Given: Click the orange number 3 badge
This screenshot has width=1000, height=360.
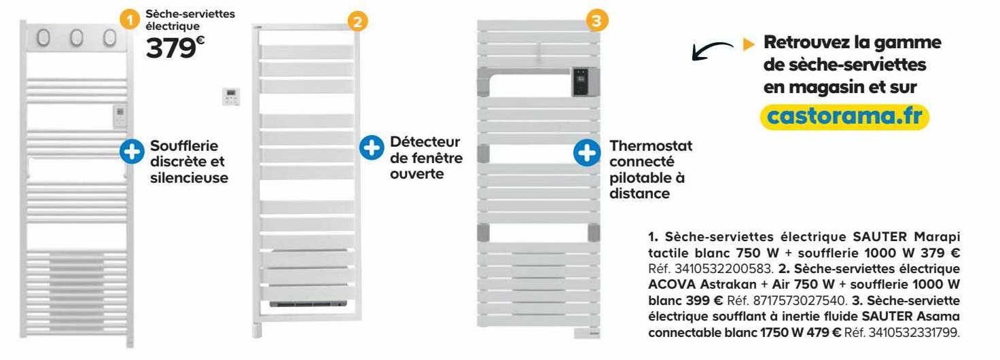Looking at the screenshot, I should coord(596,22).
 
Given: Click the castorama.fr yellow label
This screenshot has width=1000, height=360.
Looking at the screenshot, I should coord(843,117).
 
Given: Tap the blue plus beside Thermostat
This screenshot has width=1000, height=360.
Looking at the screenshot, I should coord(586,153).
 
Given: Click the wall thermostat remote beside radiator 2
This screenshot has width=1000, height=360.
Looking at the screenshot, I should coord(231,96).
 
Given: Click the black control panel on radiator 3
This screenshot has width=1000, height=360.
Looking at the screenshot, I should coord(582,82).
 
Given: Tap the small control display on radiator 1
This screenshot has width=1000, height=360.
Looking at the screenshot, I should coord(118,116).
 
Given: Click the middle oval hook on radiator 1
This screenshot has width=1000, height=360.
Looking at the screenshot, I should coord(76,38).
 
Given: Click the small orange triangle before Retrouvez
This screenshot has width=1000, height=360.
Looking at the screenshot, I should coord(749,43).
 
